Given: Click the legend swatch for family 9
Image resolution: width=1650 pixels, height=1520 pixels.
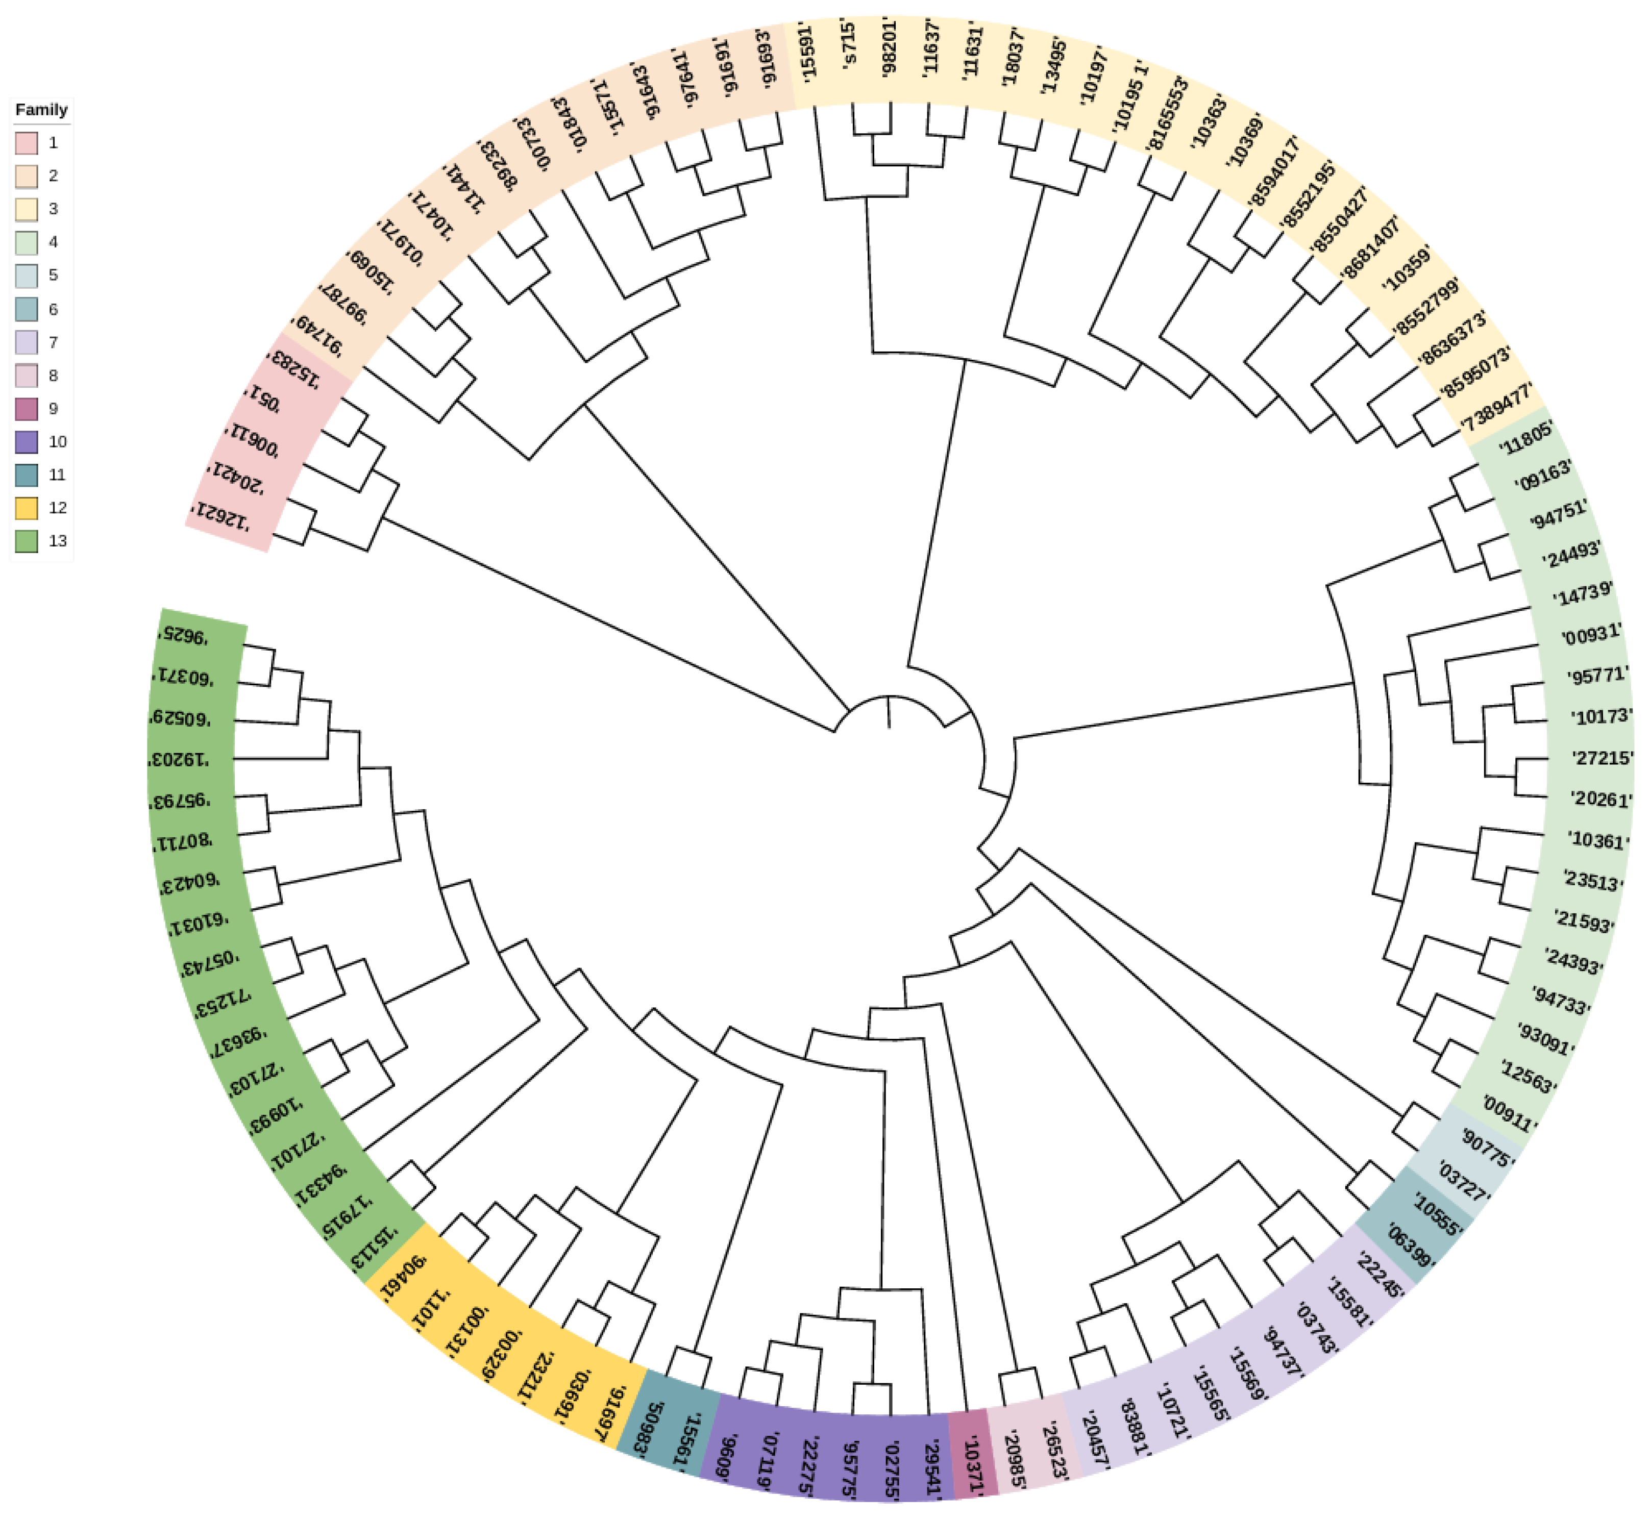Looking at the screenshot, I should pyautogui.click(x=27, y=409).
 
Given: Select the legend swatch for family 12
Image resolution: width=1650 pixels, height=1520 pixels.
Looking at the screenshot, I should pyautogui.click(x=27, y=508).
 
